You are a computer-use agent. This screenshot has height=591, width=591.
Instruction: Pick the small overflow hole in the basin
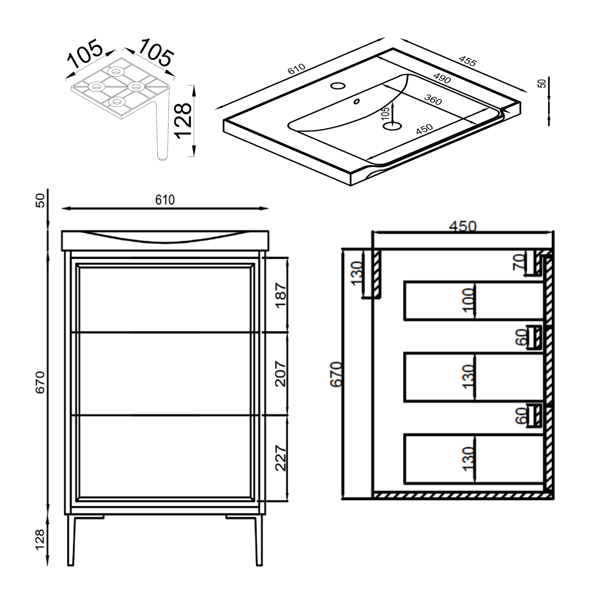tap(357, 101)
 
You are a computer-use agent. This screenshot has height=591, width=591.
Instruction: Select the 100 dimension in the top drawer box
tap(468, 301)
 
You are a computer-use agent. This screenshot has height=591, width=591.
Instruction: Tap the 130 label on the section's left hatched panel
tap(357, 273)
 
